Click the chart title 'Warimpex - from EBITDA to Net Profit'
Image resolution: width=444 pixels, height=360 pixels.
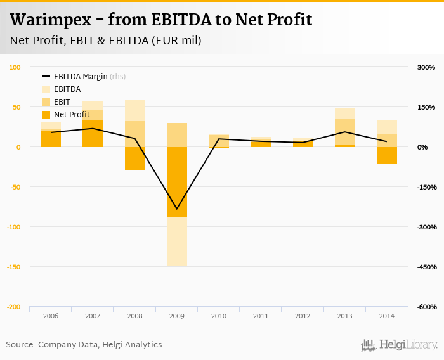[x=161, y=20]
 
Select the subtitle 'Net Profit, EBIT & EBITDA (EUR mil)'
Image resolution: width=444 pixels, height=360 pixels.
[x=106, y=41]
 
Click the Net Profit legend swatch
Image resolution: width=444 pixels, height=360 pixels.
[x=46, y=115]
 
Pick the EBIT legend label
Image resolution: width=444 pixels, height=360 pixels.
[x=62, y=101]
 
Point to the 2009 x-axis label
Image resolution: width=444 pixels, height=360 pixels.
[x=176, y=316]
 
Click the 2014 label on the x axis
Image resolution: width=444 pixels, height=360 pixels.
[x=386, y=316]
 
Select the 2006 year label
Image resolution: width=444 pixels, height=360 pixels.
[x=51, y=316]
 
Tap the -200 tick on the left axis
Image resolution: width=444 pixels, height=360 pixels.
[x=14, y=307]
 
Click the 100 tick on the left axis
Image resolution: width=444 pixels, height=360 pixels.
[x=15, y=67]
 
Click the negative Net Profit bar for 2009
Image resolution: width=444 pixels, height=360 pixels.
[x=176, y=182]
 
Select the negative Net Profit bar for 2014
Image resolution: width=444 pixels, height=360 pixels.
[x=386, y=155]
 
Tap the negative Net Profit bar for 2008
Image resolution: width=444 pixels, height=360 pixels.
[x=134, y=158]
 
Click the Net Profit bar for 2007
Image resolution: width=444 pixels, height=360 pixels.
[x=93, y=133]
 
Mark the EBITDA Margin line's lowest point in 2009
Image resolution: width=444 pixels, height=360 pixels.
[x=176, y=209]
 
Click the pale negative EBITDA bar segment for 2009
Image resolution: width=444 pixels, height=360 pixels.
[x=176, y=241]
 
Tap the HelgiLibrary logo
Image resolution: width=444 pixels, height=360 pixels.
[x=400, y=345]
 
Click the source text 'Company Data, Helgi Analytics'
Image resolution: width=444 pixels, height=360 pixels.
[x=100, y=345]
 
